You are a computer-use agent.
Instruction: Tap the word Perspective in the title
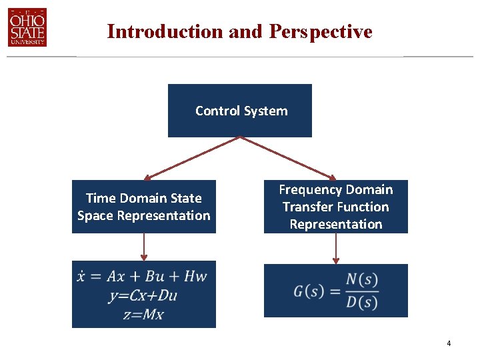pyautogui.click(x=321, y=31)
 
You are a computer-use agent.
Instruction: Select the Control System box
pyautogui.click(x=240, y=111)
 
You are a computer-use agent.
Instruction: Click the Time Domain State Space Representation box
pyautogui.click(x=144, y=207)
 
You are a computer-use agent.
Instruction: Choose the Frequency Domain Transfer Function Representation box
pyautogui.click(x=336, y=207)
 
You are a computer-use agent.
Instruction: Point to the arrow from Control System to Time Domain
pyautogui.click(x=192, y=159)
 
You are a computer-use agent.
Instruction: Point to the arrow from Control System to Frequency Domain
pyautogui.click(x=288, y=159)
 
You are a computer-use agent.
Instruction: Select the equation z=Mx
pyautogui.click(x=143, y=314)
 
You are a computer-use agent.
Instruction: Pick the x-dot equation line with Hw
pyautogui.click(x=142, y=277)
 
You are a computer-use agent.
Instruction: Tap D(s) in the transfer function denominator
pyautogui.click(x=362, y=302)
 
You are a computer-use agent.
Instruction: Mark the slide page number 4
pyautogui.click(x=449, y=343)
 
